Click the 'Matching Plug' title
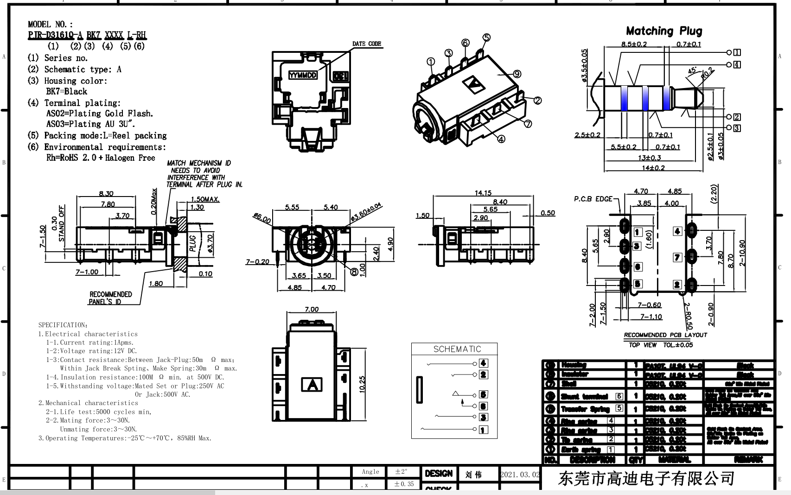coord(663,31)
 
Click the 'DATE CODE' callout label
coord(366,44)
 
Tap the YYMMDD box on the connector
coord(303,76)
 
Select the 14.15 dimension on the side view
coord(483,193)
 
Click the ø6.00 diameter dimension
coord(262,217)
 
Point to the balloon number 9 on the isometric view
coord(517,74)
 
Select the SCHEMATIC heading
coord(457,349)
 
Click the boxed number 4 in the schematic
coord(483,363)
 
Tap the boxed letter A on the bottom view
coord(312,385)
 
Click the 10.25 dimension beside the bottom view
coord(362,384)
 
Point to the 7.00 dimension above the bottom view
coord(311,309)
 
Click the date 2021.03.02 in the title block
coord(520,475)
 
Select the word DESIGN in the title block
coord(438,474)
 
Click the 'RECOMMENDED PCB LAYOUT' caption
coord(665,335)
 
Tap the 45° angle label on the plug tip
coord(692,71)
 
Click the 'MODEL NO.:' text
coord(50,24)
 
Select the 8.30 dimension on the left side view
coord(106,194)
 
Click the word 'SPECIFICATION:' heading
coord(63,325)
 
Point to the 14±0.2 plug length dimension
coord(653,168)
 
